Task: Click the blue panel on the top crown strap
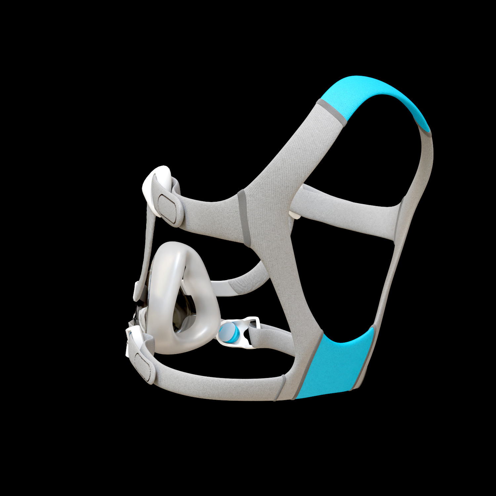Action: point(374,96)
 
